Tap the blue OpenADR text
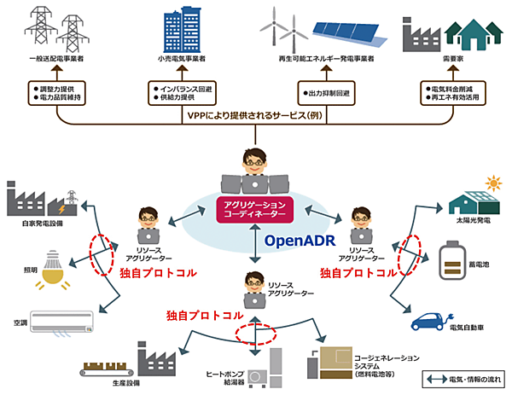pos(299,240)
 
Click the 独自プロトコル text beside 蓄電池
pos(358,273)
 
